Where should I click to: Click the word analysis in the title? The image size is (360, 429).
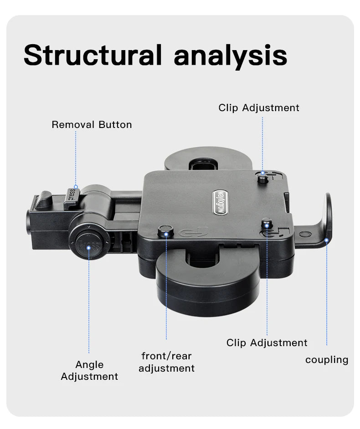[231, 56]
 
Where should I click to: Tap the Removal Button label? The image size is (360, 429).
[92, 125]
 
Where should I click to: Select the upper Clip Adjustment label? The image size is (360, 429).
[259, 108]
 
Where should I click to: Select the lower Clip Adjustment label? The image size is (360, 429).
[267, 342]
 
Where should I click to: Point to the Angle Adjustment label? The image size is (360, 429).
[89, 370]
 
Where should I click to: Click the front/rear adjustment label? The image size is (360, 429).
[166, 362]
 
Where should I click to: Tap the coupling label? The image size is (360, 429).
[327, 360]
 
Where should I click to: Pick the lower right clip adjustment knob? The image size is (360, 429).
[267, 225]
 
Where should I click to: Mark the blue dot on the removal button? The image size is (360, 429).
[76, 187]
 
